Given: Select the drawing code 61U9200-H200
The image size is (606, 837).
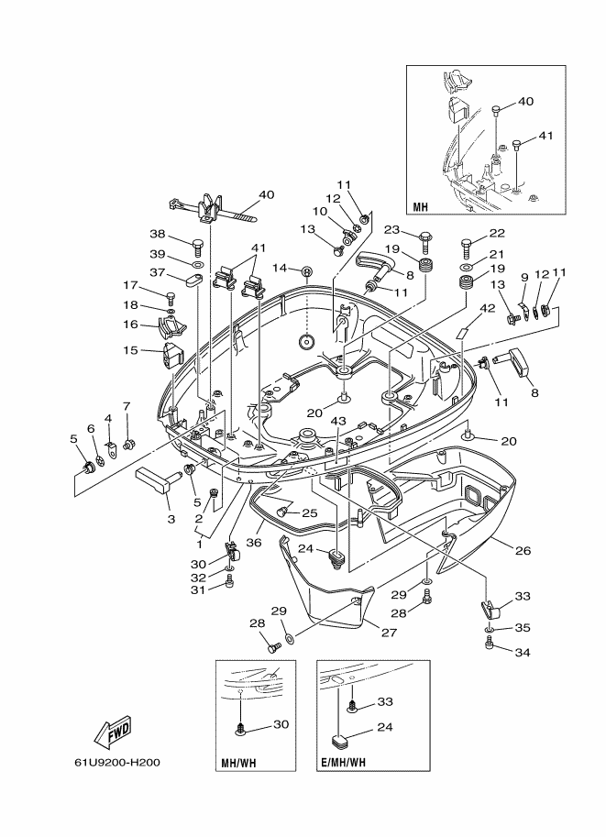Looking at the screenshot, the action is click(x=117, y=762).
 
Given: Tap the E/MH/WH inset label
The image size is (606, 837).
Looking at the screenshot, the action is click(x=344, y=762).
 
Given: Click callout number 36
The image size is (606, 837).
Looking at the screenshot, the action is click(x=254, y=543).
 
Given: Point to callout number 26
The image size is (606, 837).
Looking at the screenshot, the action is click(x=523, y=550).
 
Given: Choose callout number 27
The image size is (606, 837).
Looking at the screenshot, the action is click(x=390, y=632).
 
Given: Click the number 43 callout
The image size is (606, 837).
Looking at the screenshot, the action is click(x=338, y=422).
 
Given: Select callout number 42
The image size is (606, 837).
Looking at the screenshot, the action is click(x=487, y=308).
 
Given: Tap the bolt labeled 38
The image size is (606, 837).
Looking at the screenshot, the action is click(x=197, y=246).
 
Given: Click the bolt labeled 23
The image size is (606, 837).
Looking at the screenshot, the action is click(x=425, y=241).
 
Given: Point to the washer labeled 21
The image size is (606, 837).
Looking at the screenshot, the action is click(x=466, y=267).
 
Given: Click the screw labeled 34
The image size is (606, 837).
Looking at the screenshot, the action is click(x=490, y=644).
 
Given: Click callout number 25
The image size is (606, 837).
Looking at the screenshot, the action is click(x=310, y=513).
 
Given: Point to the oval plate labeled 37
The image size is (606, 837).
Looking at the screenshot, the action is click(x=193, y=278).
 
